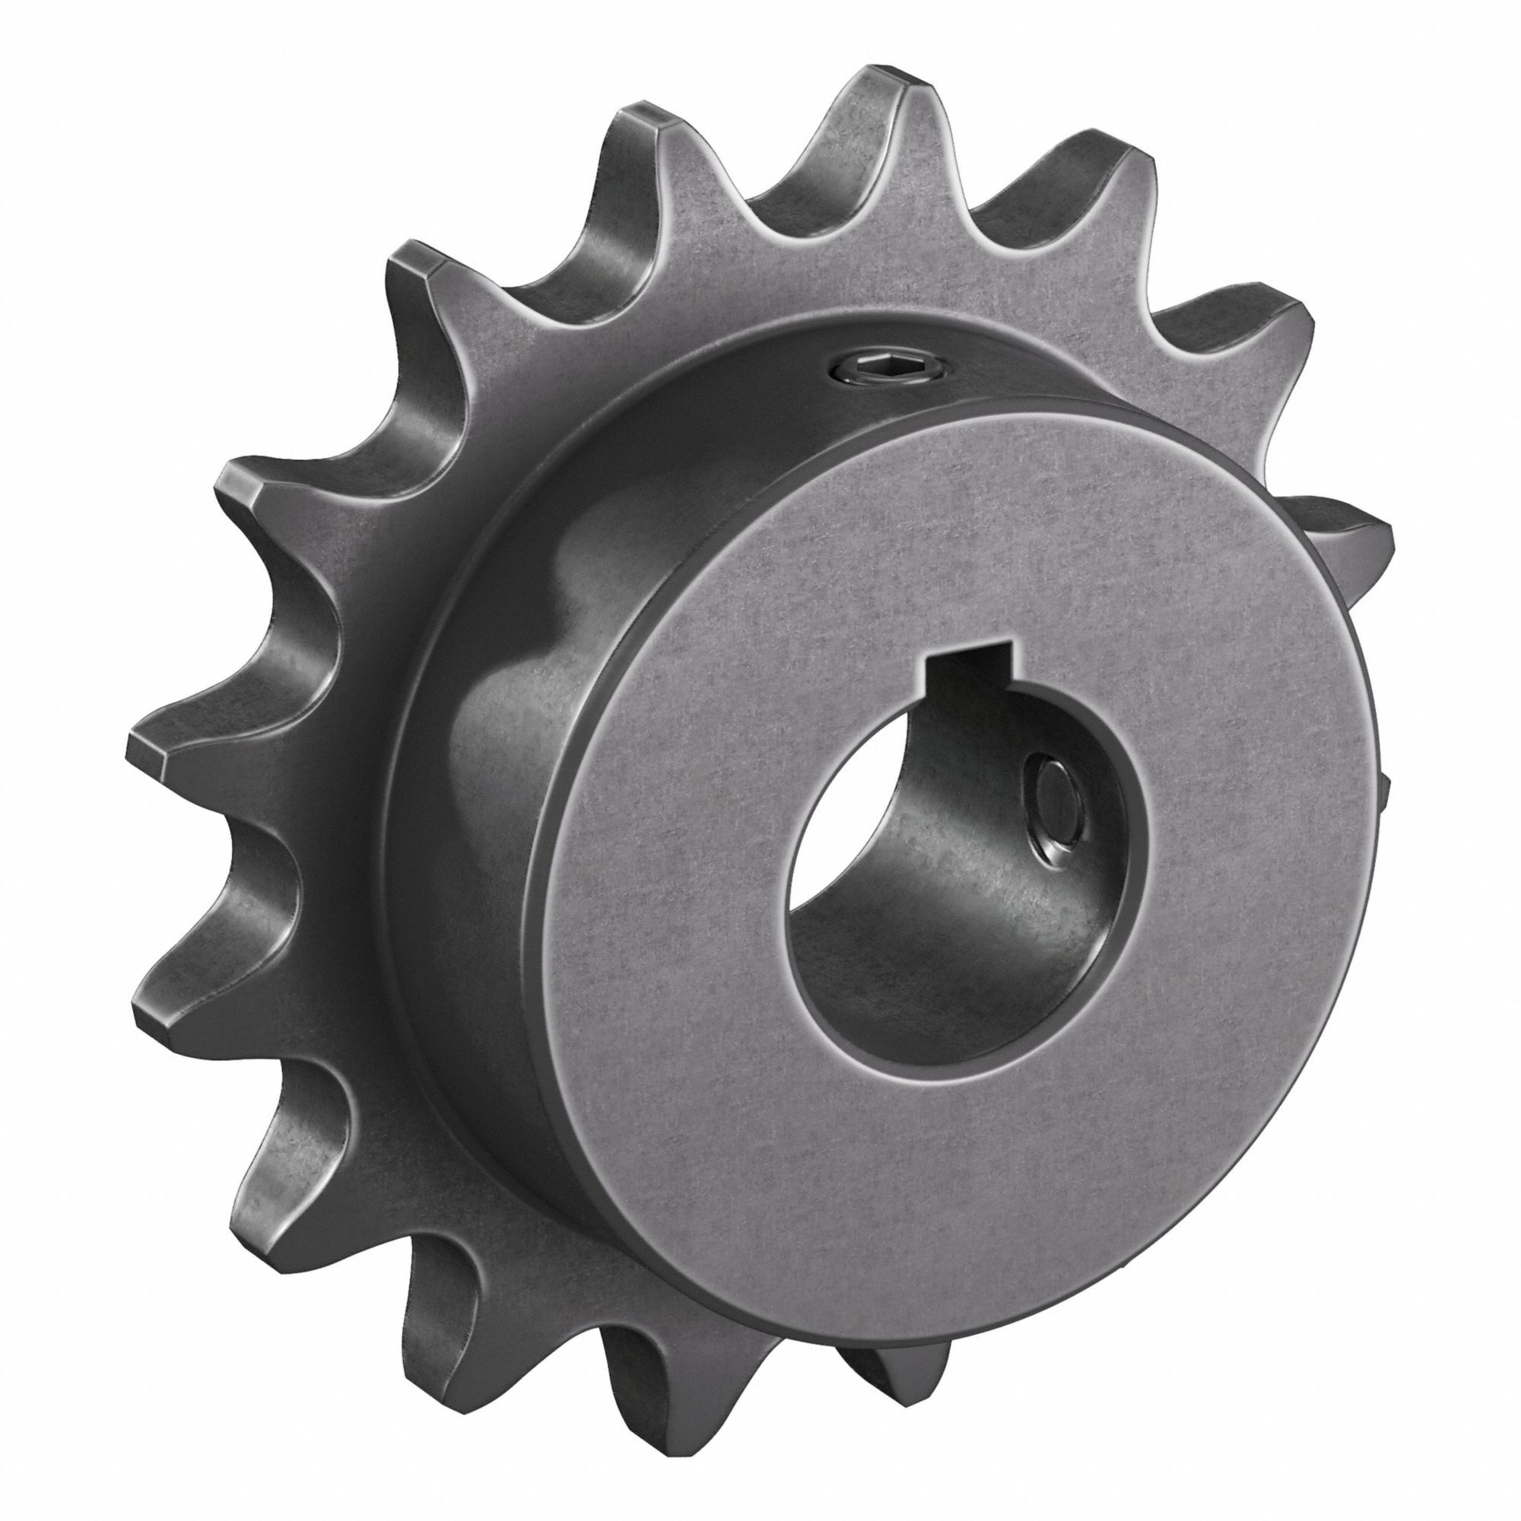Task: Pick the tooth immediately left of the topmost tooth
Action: click(x=642, y=126)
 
